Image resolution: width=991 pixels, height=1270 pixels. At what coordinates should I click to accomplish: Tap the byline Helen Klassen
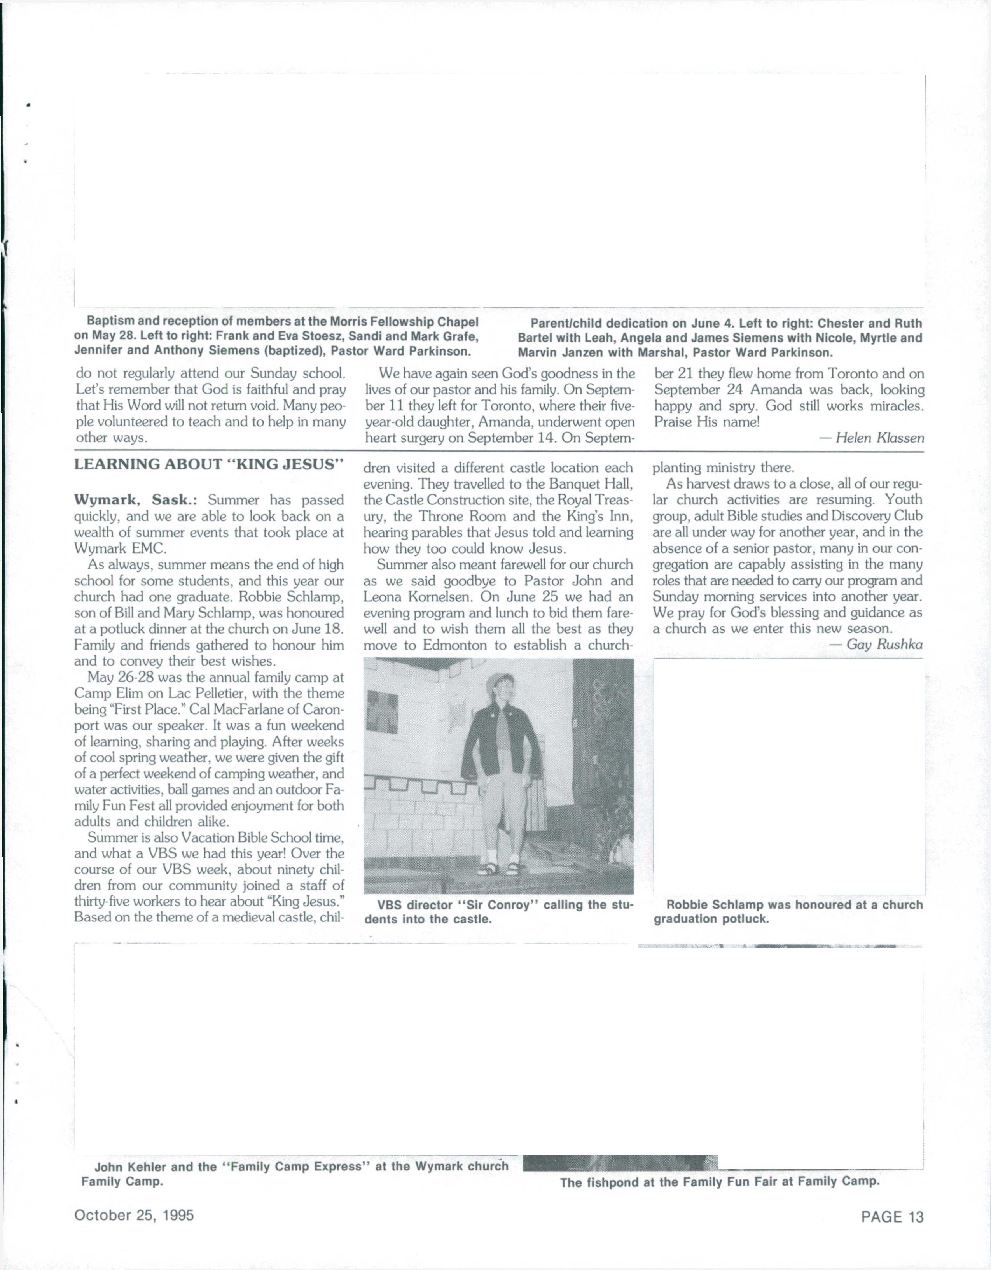879,438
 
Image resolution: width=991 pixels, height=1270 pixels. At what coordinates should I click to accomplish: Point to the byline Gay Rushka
884,644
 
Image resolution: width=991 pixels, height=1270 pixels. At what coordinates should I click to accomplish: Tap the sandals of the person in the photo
501,870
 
